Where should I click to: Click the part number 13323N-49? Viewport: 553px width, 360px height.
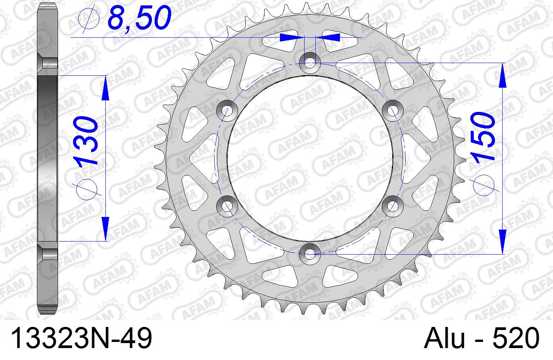(82, 338)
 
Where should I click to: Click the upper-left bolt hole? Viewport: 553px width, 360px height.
(228, 110)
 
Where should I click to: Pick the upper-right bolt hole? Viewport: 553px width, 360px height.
(392, 110)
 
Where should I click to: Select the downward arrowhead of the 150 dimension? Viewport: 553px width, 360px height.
(502, 240)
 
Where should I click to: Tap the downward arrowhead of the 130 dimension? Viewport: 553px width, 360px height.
(105, 229)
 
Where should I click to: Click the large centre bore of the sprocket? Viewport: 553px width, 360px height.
(310, 158)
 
